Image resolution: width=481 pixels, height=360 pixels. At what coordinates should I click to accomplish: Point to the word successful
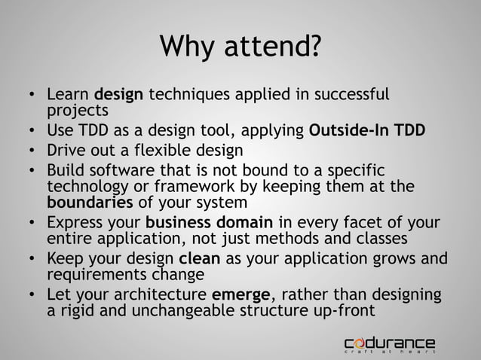click(x=351, y=96)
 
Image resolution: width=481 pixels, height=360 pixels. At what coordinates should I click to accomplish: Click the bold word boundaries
click(x=90, y=203)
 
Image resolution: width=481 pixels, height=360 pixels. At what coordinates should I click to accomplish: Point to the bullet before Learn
click(x=27, y=96)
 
